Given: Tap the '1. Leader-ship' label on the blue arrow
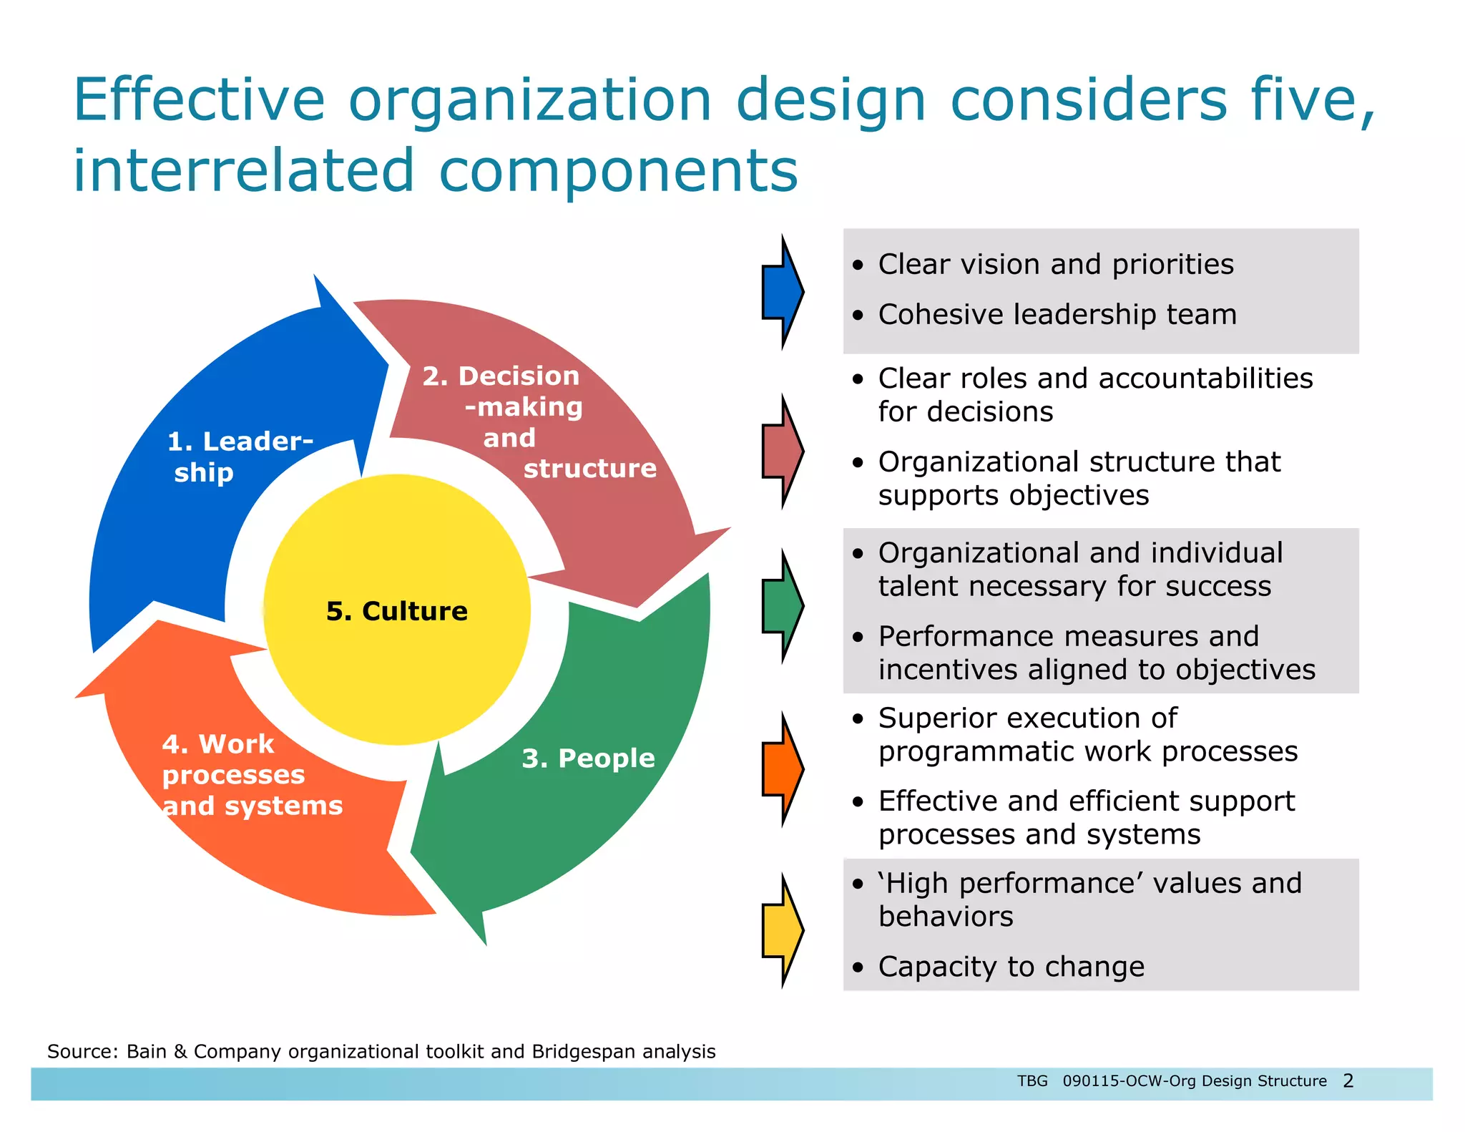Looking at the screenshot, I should point(239,457).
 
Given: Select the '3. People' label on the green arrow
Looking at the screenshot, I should point(588,758).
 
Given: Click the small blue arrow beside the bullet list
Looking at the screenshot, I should point(782,292).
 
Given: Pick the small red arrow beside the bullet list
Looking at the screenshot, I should point(782,452).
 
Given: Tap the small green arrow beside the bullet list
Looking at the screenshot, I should point(782,606).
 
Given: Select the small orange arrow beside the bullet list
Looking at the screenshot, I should point(782,769).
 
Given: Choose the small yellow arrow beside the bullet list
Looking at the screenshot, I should point(782,930).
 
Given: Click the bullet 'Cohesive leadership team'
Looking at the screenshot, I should point(1057,315).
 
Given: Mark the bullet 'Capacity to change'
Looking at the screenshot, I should point(1011,967).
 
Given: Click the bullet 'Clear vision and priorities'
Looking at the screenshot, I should point(1055,265).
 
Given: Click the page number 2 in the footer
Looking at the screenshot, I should point(1348,1080).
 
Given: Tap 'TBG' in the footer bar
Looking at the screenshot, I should point(1032,1080).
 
